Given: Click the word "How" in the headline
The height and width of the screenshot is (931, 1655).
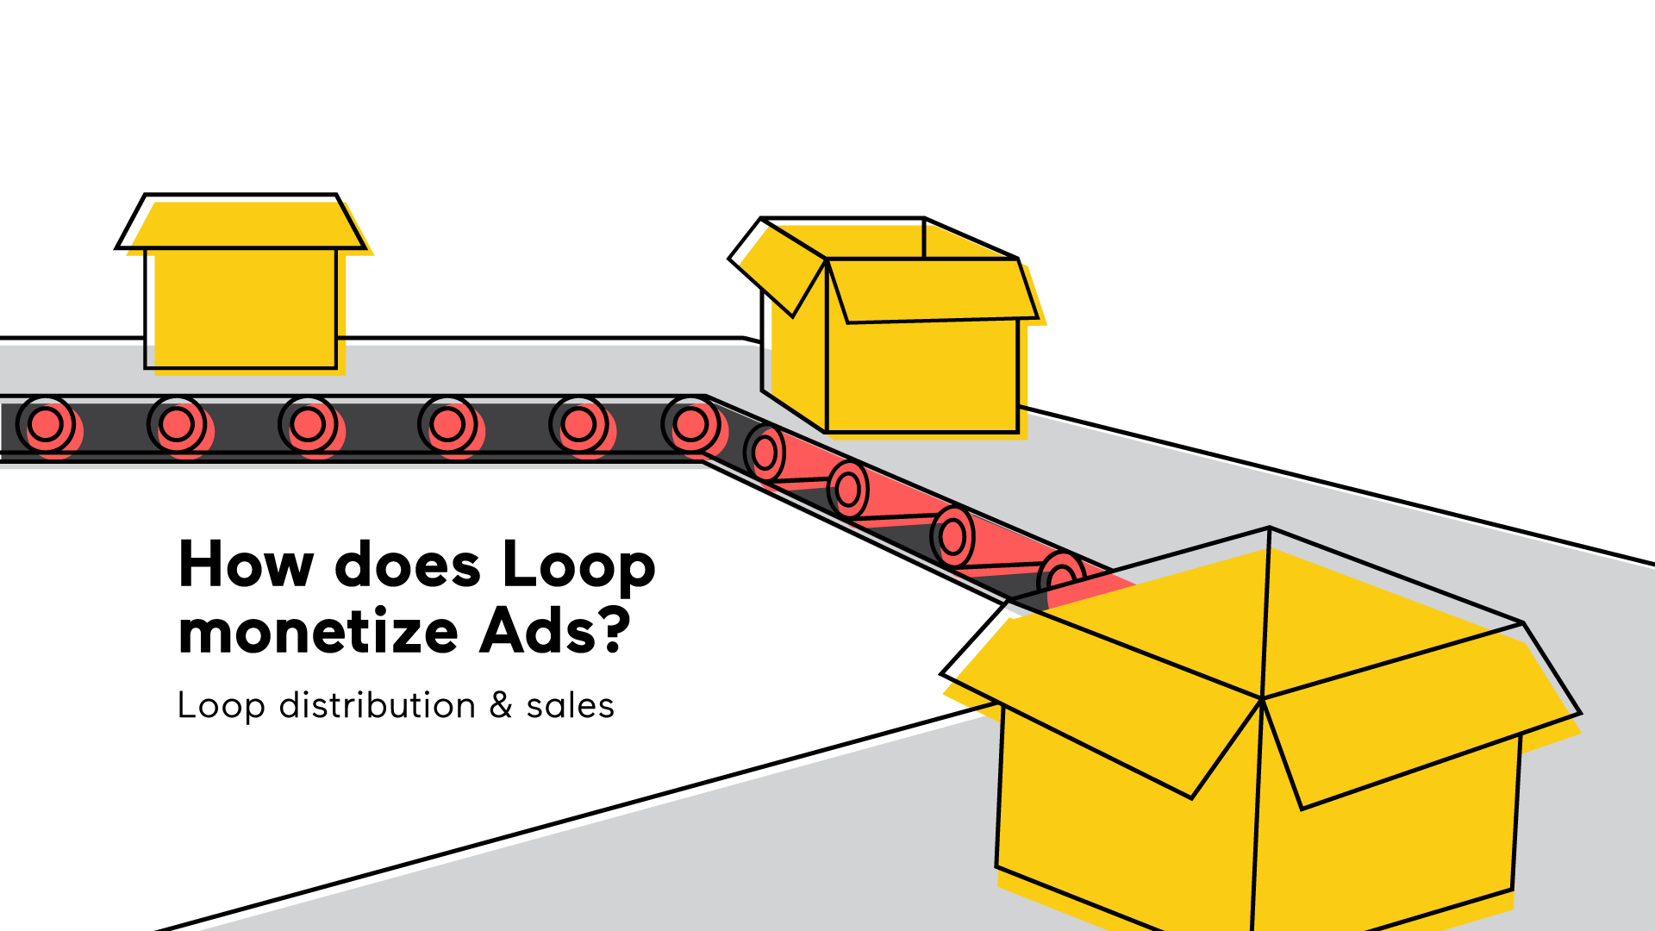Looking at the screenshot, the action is [246, 565].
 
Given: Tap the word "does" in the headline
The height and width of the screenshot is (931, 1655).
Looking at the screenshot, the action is [407, 565].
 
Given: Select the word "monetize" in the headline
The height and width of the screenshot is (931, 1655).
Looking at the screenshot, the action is [318, 632].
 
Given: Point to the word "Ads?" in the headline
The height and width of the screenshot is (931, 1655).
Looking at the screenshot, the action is [555, 630].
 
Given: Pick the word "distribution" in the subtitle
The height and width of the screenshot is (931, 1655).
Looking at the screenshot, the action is [377, 705].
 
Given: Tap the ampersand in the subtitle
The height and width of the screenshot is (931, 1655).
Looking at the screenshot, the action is [501, 705].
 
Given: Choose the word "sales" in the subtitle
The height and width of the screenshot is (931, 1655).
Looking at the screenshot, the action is [570, 705].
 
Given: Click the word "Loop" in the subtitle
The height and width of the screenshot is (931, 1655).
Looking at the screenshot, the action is [222, 707].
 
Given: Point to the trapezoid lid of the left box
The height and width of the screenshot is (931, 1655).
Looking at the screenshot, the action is [241, 222].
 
